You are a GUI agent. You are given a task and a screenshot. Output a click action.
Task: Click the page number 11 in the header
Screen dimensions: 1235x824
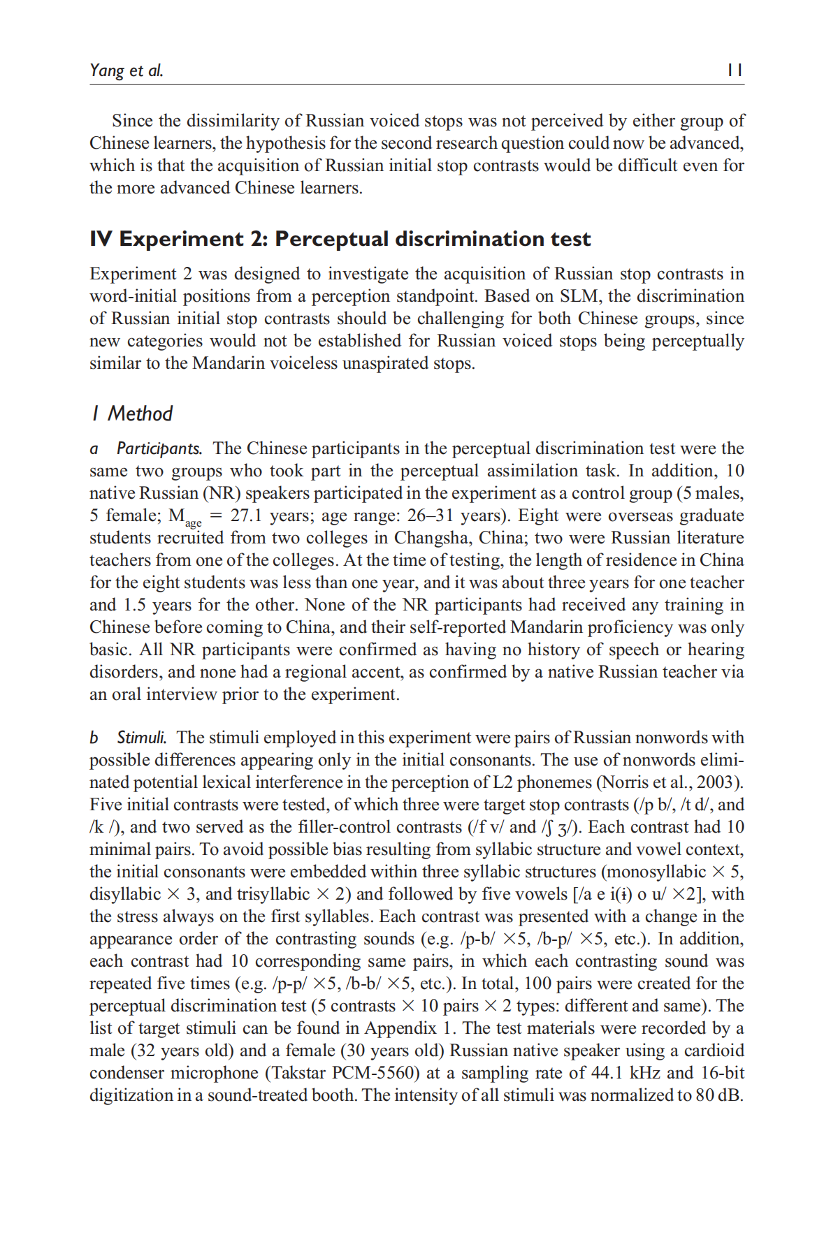point(734,70)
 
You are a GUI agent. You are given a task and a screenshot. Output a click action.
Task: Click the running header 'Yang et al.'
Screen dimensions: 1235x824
point(127,70)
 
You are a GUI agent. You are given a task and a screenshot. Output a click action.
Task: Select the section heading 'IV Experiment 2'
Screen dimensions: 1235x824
point(340,239)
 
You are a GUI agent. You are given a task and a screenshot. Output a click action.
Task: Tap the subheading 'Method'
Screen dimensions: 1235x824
point(140,414)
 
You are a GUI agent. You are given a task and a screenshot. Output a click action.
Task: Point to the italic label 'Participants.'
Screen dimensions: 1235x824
point(159,448)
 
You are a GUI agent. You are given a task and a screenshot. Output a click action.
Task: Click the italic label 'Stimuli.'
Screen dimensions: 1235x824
point(142,738)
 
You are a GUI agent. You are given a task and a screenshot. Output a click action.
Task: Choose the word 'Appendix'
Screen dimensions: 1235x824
point(400,1028)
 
